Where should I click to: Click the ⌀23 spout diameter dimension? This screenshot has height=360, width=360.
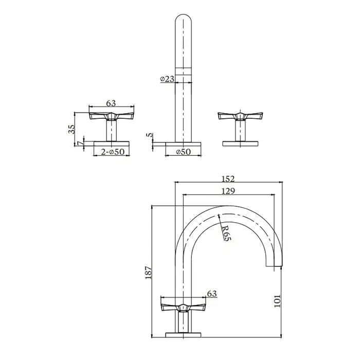(167, 79)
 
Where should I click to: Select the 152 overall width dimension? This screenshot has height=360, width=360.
(228, 178)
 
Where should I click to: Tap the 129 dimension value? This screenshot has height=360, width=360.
(228, 191)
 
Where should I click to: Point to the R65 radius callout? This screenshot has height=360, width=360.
(226, 233)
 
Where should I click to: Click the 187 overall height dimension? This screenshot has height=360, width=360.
(149, 273)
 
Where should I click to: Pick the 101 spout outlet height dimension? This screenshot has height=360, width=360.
(277, 301)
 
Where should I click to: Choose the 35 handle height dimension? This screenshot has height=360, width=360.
(71, 129)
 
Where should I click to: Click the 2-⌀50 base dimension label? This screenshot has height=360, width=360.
(113, 152)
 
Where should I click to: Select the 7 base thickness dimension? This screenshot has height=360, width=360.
(80, 143)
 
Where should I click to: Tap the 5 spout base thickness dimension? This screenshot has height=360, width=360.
(150, 135)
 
